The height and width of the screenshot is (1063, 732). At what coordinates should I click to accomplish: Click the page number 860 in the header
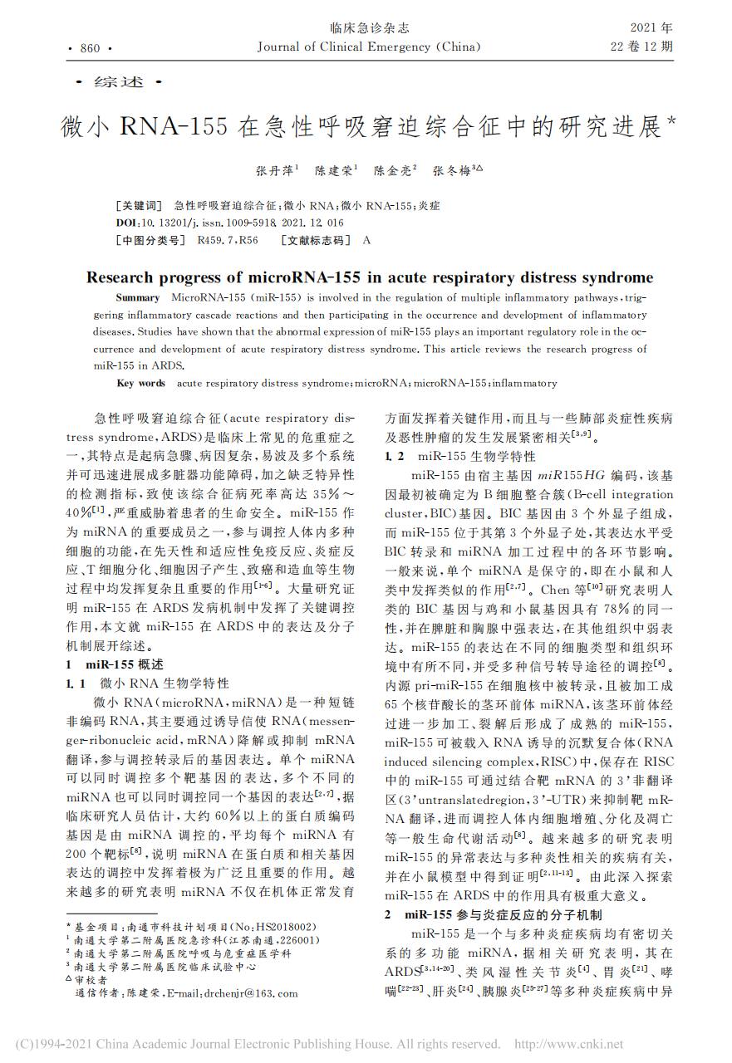pyautogui.click(x=90, y=48)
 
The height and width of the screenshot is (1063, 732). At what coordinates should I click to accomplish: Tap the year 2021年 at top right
pyautogui.click(x=651, y=28)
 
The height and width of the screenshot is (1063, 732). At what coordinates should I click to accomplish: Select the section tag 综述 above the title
pyautogui.click(x=120, y=82)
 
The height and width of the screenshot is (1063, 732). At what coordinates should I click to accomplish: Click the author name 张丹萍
pyautogui.click(x=273, y=171)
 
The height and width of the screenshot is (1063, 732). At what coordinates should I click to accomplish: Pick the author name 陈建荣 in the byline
pyautogui.click(x=333, y=171)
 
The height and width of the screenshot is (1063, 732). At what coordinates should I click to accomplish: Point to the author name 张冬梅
pyautogui.click(x=452, y=171)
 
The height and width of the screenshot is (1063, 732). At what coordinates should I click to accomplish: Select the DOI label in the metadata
pyautogui.click(x=128, y=223)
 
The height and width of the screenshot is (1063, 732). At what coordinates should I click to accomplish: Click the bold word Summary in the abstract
pyautogui.click(x=138, y=297)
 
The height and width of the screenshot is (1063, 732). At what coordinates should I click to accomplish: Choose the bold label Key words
pyautogui.click(x=141, y=384)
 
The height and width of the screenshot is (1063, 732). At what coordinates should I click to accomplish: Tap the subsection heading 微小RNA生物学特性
pyautogui.click(x=164, y=683)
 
